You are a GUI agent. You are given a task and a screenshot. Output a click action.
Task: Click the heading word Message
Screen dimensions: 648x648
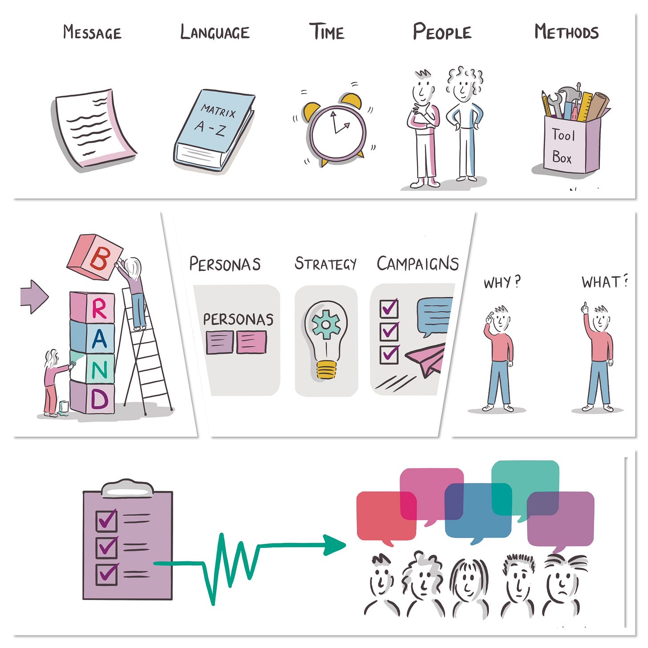point(92,32)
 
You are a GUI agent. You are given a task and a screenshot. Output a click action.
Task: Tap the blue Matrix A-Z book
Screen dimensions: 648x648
point(214,129)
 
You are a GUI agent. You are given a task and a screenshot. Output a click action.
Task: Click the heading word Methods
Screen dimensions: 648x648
point(566,32)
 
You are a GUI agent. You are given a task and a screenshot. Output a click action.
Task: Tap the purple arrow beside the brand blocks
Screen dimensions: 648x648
point(34,296)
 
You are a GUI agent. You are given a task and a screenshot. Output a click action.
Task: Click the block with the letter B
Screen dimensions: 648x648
point(95,257)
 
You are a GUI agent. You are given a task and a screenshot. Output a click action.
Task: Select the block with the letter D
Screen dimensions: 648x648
point(93,397)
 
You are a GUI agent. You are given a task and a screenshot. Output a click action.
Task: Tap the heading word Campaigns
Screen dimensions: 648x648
point(417,263)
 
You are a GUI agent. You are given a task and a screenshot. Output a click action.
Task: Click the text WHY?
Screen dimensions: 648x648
point(502,282)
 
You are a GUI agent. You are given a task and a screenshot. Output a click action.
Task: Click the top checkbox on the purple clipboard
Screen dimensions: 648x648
point(106,520)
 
